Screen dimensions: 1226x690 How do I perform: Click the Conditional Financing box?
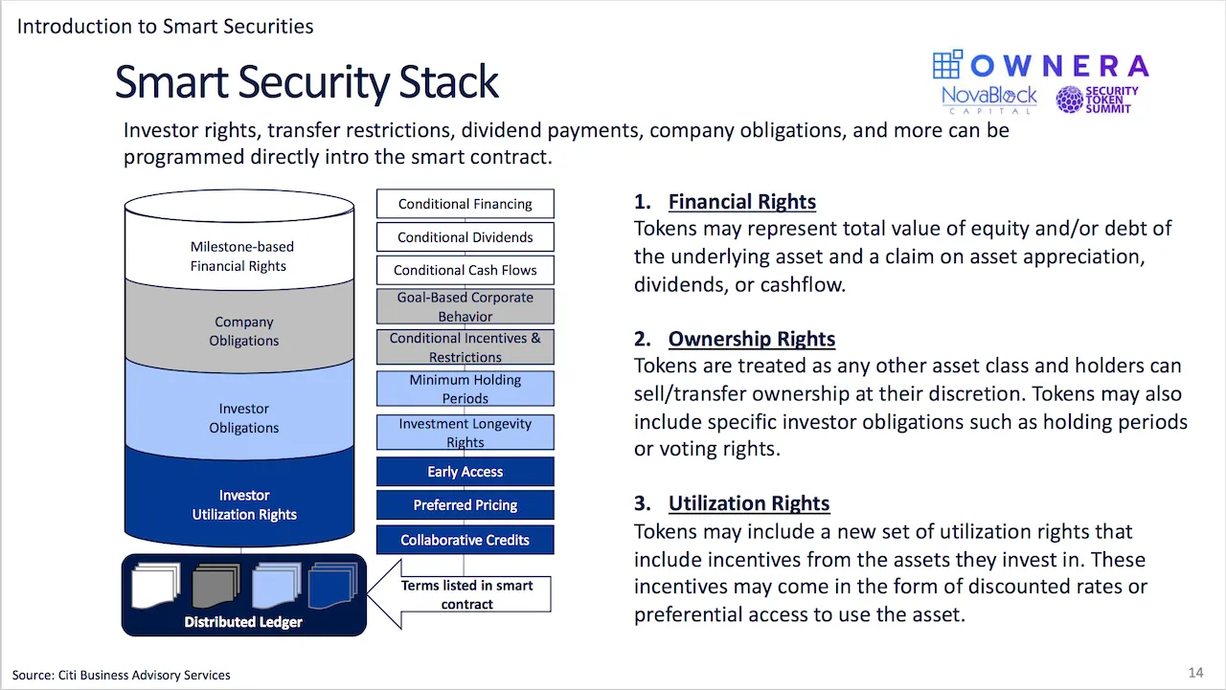[465, 204]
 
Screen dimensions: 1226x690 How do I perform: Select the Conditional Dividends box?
[465, 236]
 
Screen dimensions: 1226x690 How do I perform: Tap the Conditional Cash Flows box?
[465, 270]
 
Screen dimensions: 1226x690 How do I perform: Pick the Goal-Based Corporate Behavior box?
[465, 306]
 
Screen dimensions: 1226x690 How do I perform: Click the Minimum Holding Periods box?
[465, 389]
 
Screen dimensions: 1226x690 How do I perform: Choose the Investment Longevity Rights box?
[465, 433]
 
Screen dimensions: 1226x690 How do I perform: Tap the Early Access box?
[465, 471]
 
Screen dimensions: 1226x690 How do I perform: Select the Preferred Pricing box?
[465, 504]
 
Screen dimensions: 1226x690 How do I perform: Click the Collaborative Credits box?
[465, 540]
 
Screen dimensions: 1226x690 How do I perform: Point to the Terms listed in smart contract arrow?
[460, 594]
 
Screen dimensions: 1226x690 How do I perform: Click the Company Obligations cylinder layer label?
[244, 331]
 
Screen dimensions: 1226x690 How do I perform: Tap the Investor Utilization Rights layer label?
[244, 504]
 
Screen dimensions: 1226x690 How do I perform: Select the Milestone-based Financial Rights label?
[241, 256]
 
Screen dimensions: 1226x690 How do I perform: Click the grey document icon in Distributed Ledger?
[216, 585]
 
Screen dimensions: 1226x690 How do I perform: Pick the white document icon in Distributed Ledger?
[156, 585]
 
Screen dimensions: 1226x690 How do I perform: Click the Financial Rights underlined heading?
[742, 201]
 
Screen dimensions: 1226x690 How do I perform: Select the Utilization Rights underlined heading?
[749, 503]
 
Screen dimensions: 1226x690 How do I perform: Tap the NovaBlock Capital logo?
[989, 100]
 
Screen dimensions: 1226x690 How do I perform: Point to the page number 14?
[1196, 673]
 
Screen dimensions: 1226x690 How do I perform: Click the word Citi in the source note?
[67, 675]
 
